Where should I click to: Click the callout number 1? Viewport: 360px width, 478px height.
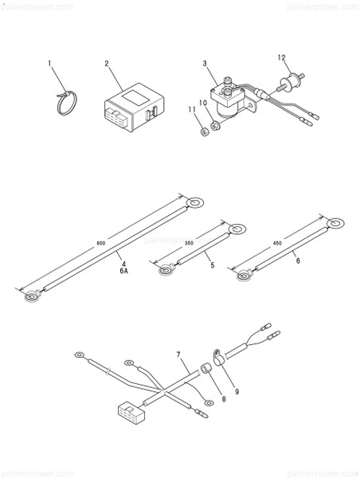click(49, 62)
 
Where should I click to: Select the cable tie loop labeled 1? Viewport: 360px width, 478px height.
click(66, 102)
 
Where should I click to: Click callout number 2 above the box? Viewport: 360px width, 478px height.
click(107, 62)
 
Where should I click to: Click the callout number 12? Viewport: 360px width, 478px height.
click(280, 57)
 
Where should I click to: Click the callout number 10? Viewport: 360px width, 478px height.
click(202, 104)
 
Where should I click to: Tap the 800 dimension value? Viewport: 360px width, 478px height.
click(100, 243)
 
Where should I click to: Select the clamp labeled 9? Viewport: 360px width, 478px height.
click(216, 355)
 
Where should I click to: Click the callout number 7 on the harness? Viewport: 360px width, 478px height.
click(178, 353)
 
